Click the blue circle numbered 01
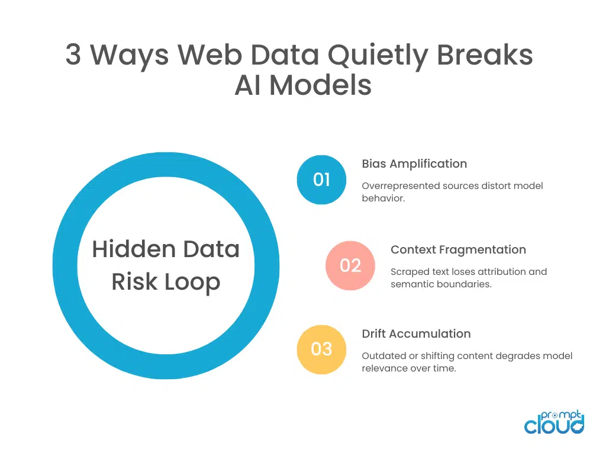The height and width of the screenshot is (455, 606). click(x=321, y=180)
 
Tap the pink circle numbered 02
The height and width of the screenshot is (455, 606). click(x=350, y=265)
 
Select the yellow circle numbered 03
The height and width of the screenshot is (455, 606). click(x=321, y=350)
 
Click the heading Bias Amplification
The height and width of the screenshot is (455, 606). click(x=414, y=164)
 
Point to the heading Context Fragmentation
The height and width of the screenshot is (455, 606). click(x=458, y=249)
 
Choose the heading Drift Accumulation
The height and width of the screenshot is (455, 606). click(x=416, y=334)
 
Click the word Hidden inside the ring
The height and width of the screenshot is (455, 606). click(x=126, y=249)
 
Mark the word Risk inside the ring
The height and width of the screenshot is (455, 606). click(x=134, y=282)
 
